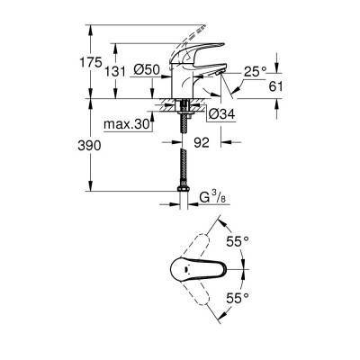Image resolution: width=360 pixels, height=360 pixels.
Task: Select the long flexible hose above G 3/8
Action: tap(184, 171)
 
